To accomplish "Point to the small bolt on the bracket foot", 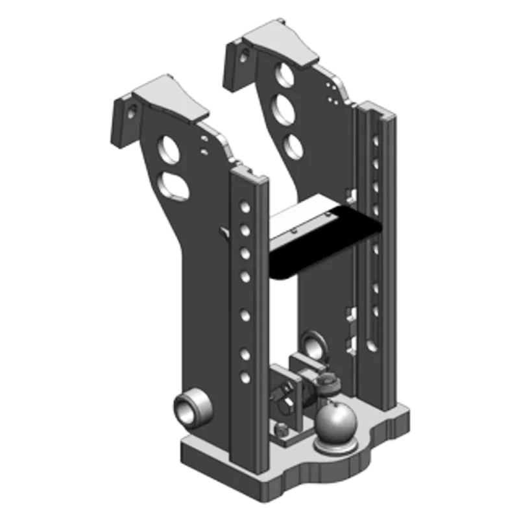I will [x=282, y=430].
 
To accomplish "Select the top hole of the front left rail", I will [x=245, y=207].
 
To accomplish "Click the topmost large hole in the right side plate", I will [x=284, y=75].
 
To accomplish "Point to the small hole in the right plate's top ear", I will [x=243, y=56].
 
